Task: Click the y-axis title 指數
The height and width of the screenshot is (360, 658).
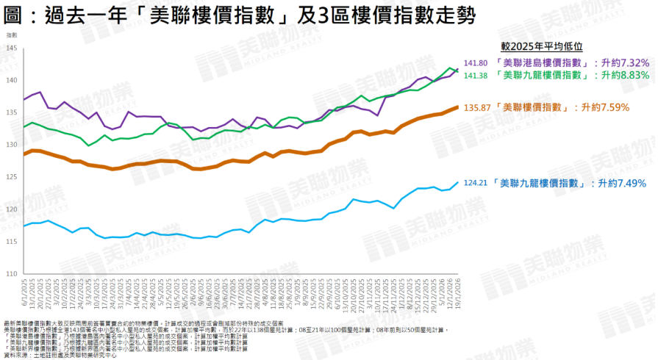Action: [12, 35]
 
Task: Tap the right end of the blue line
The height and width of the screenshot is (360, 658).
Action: [459, 182]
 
